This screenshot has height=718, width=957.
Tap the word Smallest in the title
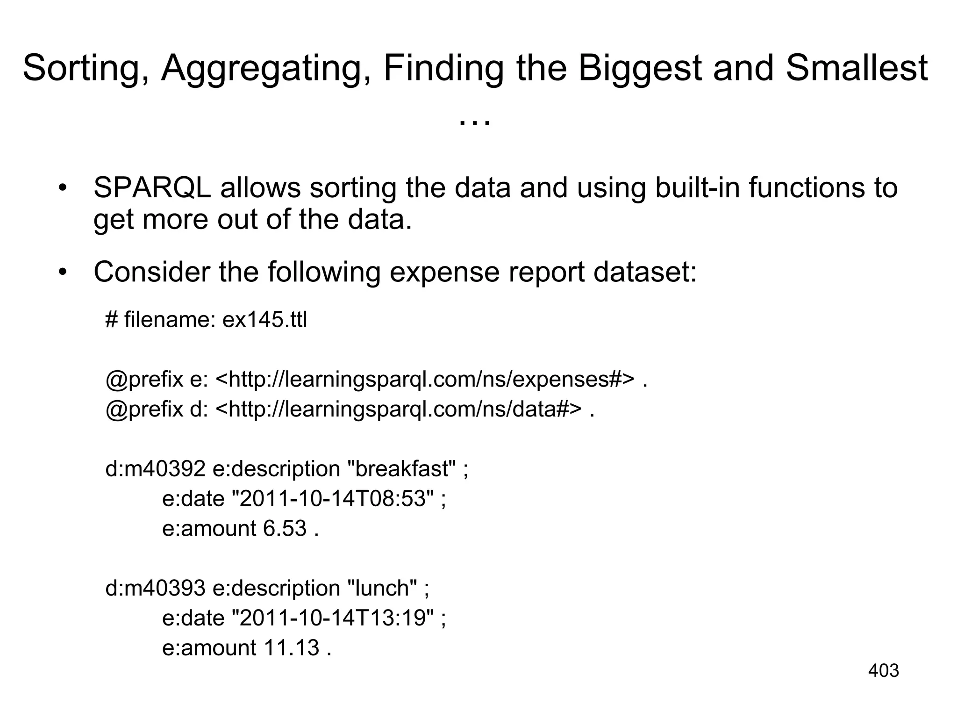tap(857, 68)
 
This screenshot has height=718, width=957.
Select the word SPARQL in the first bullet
tap(152, 188)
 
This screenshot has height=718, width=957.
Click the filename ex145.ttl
tap(264, 321)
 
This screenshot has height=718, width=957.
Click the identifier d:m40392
tap(155, 469)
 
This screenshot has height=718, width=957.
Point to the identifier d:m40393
tap(155, 588)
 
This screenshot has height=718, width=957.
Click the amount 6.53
tap(285, 529)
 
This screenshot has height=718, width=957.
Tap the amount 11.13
tap(291, 648)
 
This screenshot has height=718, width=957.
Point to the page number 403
tap(883, 671)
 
